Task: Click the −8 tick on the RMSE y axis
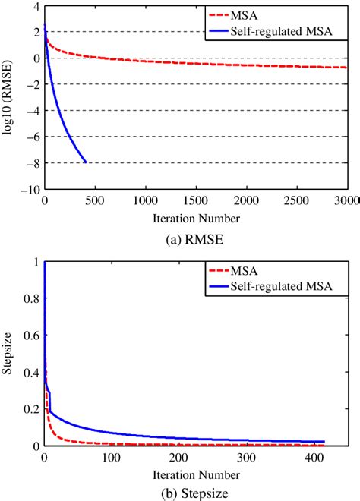(30, 163)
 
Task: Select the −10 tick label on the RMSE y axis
(28, 189)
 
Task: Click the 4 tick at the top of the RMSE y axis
(34, 6)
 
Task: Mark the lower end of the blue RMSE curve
(86, 162)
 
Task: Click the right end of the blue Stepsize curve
(324, 442)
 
